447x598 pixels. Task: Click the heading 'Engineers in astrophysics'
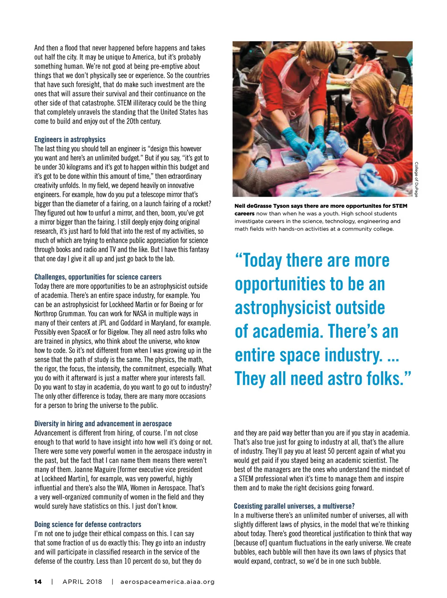tap(70, 140)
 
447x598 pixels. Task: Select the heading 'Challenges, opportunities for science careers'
tap(98, 277)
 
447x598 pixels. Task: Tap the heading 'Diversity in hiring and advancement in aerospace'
tap(103, 424)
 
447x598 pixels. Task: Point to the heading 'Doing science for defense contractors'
tap(88, 525)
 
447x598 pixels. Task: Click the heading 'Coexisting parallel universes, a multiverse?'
tap(294, 506)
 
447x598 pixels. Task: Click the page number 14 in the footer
tap(38, 582)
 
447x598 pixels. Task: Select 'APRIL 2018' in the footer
tap(82, 582)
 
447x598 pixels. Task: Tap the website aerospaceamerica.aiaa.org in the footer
tap(168, 582)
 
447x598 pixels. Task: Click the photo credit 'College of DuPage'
tap(416, 179)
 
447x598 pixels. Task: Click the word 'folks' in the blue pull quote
tap(383, 379)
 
